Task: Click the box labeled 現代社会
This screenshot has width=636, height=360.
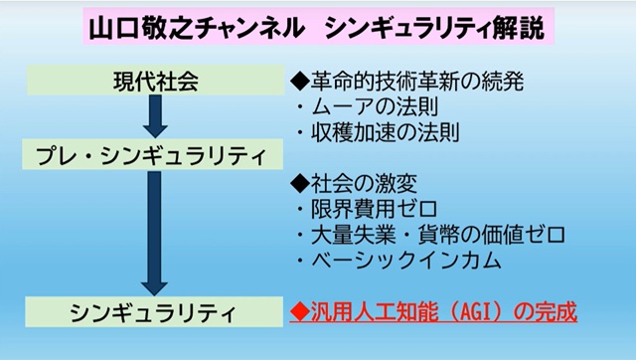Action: pos(155,80)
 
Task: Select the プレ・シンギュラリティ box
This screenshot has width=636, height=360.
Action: pos(152,154)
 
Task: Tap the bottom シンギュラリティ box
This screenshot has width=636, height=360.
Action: pos(154,311)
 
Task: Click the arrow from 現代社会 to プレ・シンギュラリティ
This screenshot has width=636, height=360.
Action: pos(155,116)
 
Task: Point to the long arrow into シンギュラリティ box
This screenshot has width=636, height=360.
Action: pos(155,233)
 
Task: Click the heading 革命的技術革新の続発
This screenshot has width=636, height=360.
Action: pos(417,81)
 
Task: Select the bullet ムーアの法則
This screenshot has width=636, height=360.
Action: pos(375,106)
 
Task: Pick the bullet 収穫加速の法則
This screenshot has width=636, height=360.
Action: pos(386,132)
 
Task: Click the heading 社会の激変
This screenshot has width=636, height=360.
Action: pos(365,183)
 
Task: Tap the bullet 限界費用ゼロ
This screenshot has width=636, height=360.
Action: pos(374,209)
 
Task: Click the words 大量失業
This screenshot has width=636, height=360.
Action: pos(354,235)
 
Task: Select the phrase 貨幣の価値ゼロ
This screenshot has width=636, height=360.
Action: pos(492,235)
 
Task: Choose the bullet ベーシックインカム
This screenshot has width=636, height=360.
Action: pos(406,261)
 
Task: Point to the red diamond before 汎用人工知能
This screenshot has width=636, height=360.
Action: pos(300,312)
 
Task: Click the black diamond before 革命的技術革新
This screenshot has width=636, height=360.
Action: pos(300,82)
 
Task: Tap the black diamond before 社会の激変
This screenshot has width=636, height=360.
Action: pos(300,184)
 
